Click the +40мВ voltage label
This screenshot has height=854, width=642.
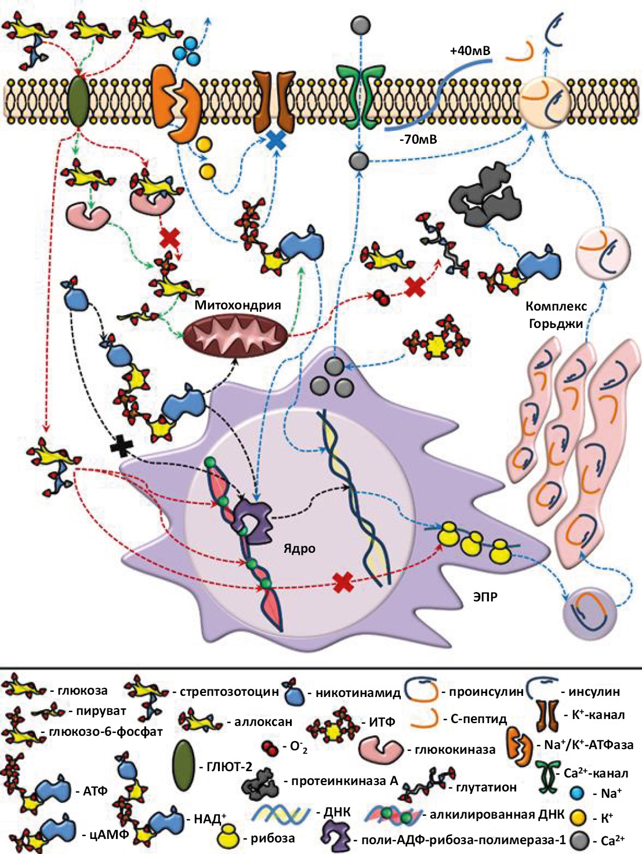pyautogui.click(x=470, y=51)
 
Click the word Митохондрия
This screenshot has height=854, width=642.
pyautogui.click(x=238, y=305)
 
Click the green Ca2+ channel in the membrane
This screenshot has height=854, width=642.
pyautogui.click(x=360, y=93)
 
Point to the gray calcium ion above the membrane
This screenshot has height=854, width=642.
pyautogui.click(x=361, y=25)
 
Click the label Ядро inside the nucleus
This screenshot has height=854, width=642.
pyautogui.click(x=299, y=548)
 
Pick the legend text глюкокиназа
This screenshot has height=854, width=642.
pyautogui.click(x=455, y=749)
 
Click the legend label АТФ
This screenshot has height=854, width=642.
pyautogui.click(x=96, y=791)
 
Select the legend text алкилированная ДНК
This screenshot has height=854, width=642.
pyautogui.click(x=496, y=814)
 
